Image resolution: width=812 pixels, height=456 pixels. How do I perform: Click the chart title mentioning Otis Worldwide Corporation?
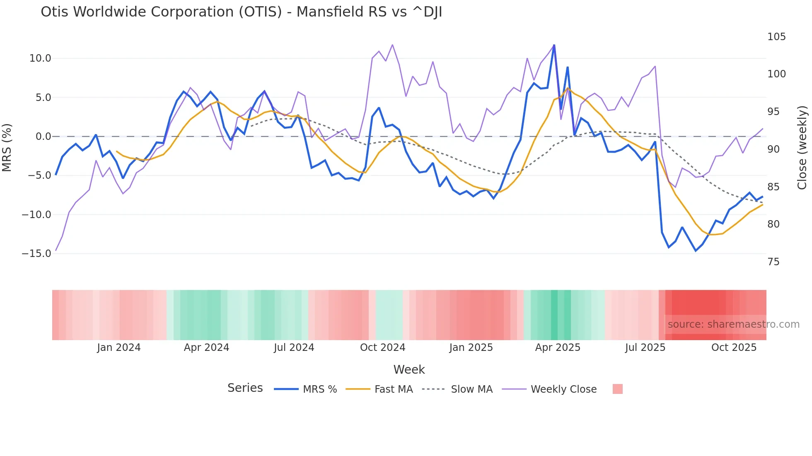[241, 12]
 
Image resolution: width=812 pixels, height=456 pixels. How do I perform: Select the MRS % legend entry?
[319, 389]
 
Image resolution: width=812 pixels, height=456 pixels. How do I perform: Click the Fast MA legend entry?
[393, 389]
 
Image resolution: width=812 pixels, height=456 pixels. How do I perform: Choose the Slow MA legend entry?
[471, 389]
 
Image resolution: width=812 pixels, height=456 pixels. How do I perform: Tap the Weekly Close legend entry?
[563, 389]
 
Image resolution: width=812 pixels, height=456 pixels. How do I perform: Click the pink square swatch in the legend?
[617, 389]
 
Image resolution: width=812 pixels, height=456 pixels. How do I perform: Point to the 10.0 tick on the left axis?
[40, 58]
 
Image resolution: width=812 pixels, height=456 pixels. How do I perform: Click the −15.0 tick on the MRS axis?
[36, 254]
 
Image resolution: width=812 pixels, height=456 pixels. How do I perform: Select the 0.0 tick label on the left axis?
[43, 137]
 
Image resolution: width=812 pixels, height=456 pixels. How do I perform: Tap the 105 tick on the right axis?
[776, 37]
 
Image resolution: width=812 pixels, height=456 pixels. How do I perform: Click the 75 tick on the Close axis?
[773, 262]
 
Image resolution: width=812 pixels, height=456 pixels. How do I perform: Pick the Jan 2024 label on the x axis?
[119, 348]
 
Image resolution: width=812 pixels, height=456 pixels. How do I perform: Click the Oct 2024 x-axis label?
[382, 348]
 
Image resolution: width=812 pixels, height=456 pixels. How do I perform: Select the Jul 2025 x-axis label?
[645, 348]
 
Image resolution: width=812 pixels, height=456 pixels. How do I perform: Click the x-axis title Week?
[409, 370]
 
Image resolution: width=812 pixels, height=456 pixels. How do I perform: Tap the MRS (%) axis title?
[7, 147]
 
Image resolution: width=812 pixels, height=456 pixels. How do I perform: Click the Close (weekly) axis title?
[802, 147]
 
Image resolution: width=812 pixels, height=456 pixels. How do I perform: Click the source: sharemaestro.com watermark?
[733, 324]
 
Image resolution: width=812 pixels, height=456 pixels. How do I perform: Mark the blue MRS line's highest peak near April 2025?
[554, 46]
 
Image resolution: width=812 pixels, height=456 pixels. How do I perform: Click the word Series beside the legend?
[245, 388]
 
